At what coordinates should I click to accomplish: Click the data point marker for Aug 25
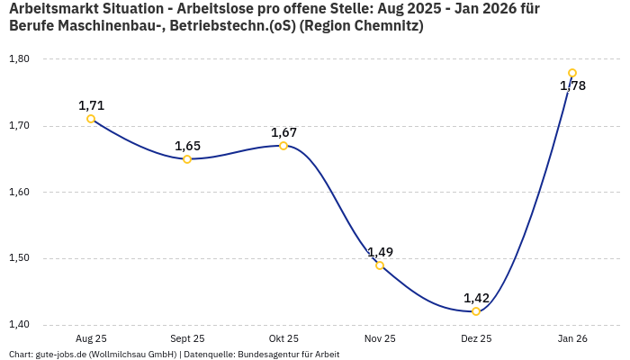(91, 119)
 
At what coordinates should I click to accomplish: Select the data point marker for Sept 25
(187, 159)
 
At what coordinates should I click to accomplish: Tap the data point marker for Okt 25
(283, 146)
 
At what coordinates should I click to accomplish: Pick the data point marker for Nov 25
(380, 265)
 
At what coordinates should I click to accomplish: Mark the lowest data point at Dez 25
(476, 311)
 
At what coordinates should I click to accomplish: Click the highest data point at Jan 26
(572, 73)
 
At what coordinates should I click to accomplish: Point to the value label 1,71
(91, 105)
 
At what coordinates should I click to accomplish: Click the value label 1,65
(187, 146)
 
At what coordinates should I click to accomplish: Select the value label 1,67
(283, 132)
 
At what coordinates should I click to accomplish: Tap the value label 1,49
(380, 252)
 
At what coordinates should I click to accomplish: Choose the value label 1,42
(476, 298)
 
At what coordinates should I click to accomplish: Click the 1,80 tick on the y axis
(19, 59)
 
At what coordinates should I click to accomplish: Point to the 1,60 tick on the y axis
(19, 192)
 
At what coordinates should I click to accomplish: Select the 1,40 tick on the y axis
(19, 325)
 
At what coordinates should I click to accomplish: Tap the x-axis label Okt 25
(283, 338)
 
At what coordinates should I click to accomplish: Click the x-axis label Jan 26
(572, 338)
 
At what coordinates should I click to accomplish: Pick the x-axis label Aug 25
(91, 338)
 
